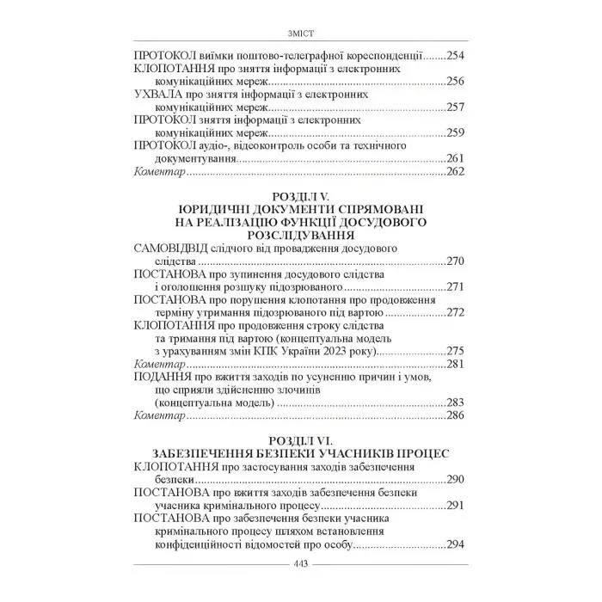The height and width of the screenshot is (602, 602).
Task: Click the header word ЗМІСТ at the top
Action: coord(300,34)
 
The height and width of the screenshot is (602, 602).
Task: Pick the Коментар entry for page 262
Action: coord(160,172)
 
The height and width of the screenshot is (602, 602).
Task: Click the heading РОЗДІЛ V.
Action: coord(300,197)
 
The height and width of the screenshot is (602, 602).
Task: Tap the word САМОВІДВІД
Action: coord(179,248)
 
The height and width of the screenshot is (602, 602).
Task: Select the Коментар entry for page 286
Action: coord(160,415)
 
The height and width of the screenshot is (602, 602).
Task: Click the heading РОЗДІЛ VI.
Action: coord(300,440)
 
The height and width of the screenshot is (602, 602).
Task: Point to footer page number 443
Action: coord(300,564)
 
